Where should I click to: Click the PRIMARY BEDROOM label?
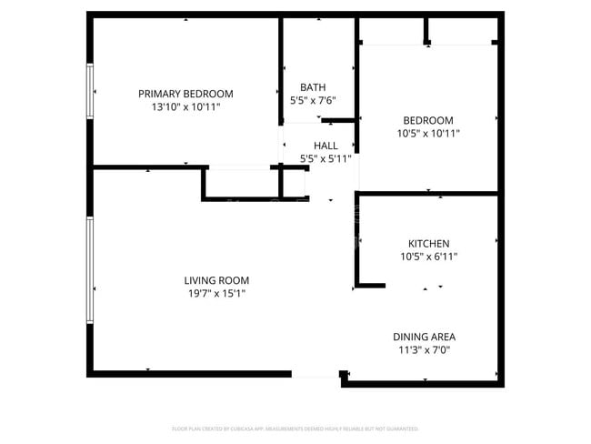click(x=185, y=94)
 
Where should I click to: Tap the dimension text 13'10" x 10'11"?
click(x=185, y=107)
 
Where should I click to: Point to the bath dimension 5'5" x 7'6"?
click(x=313, y=101)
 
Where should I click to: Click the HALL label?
click(x=326, y=146)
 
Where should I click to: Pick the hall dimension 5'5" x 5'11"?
click(x=326, y=158)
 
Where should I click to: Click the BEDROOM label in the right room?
click(x=428, y=120)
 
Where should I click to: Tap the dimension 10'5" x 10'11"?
click(x=428, y=134)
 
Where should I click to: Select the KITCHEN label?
click(x=428, y=244)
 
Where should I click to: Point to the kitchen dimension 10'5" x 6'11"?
click(x=428, y=257)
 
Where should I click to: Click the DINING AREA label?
click(x=424, y=336)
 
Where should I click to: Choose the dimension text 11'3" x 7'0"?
click(x=424, y=349)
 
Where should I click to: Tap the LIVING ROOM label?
click(x=216, y=280)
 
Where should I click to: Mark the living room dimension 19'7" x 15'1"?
click(x=216, y=294)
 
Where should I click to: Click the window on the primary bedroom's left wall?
click(x=90, y=91)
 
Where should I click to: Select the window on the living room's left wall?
click(x=90, y=269)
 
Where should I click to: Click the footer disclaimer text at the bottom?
click(x=295, y=428)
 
